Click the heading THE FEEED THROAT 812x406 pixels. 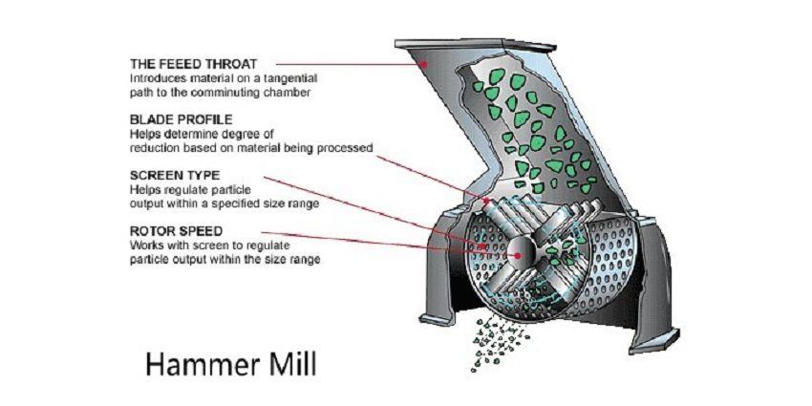point(194,64)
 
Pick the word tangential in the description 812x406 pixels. point(288,78)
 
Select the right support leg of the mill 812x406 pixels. point(661,287)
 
